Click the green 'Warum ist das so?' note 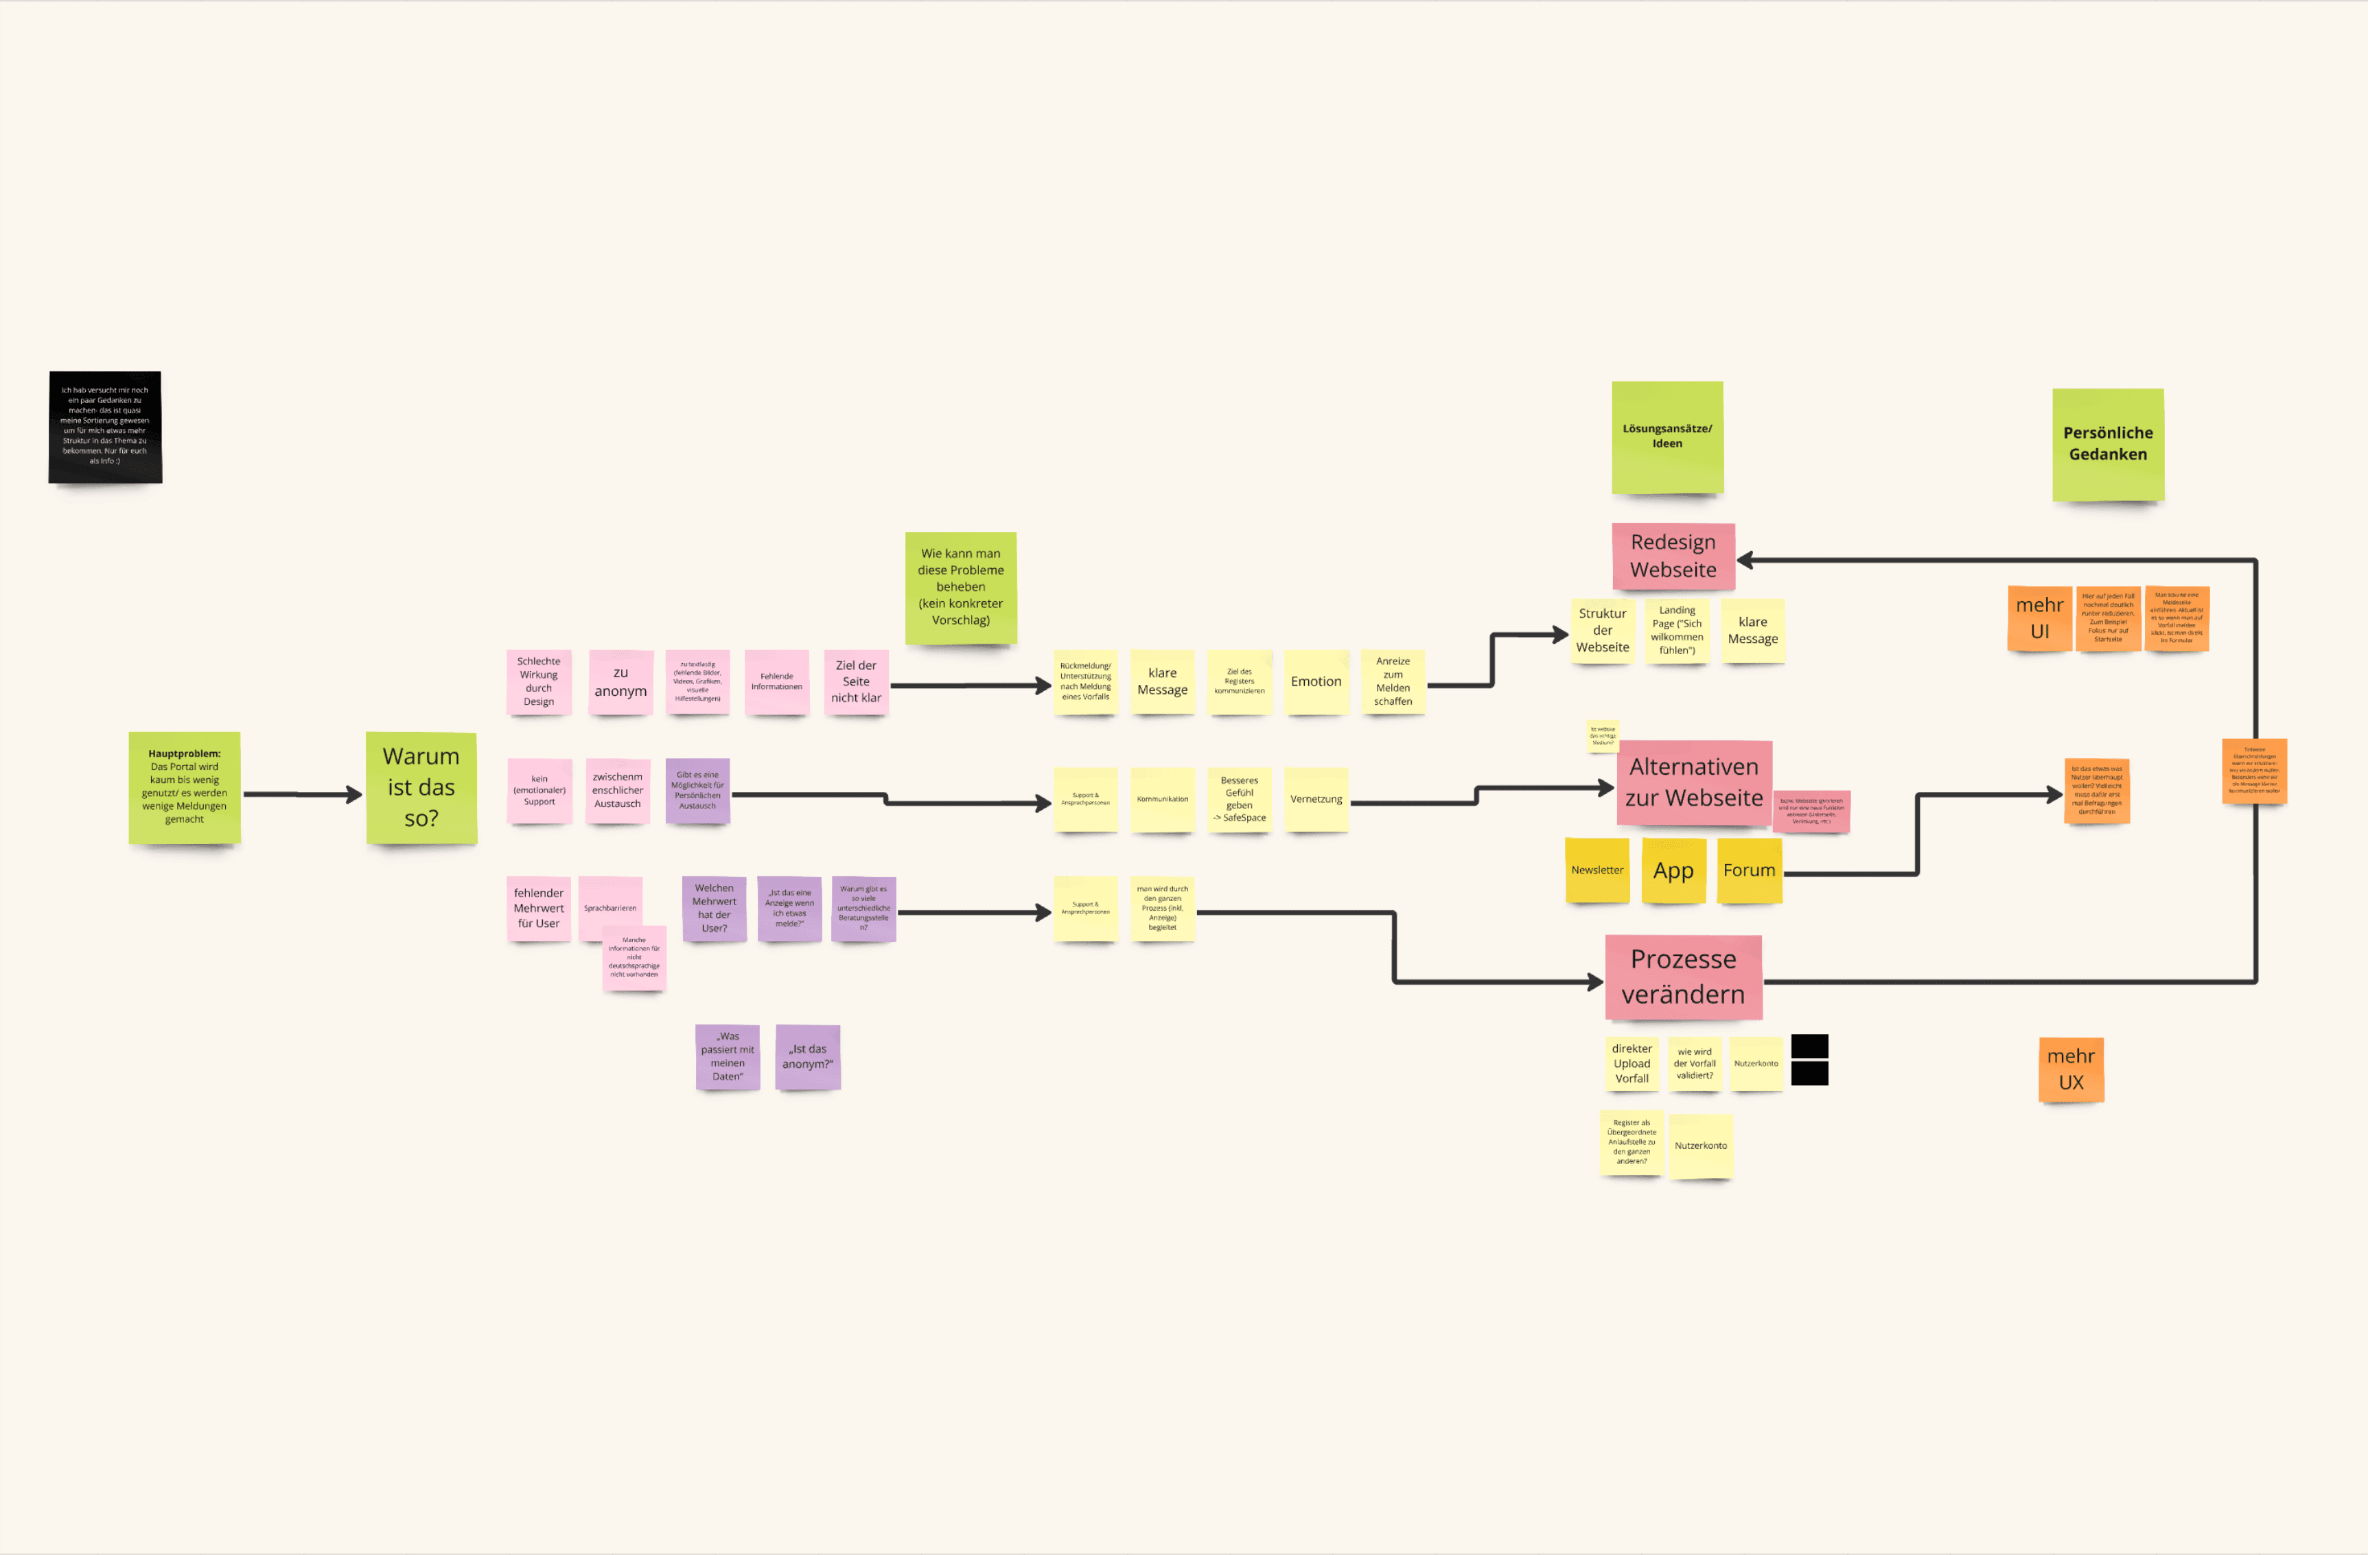pos(421,787)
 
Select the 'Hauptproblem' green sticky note pos(184,787)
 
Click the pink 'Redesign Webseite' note pos(1673,556)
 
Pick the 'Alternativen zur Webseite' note pos(1693,783)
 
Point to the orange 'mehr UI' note pos(2039,618)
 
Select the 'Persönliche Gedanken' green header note pos(2107,444)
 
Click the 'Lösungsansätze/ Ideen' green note pos(1667,436)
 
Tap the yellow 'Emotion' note pos(1315,681)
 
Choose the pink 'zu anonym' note pos(620,681)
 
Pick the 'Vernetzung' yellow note pos(1315,799)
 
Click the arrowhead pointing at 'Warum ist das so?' pos(353,794)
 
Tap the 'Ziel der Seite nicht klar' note pos(856,681)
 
